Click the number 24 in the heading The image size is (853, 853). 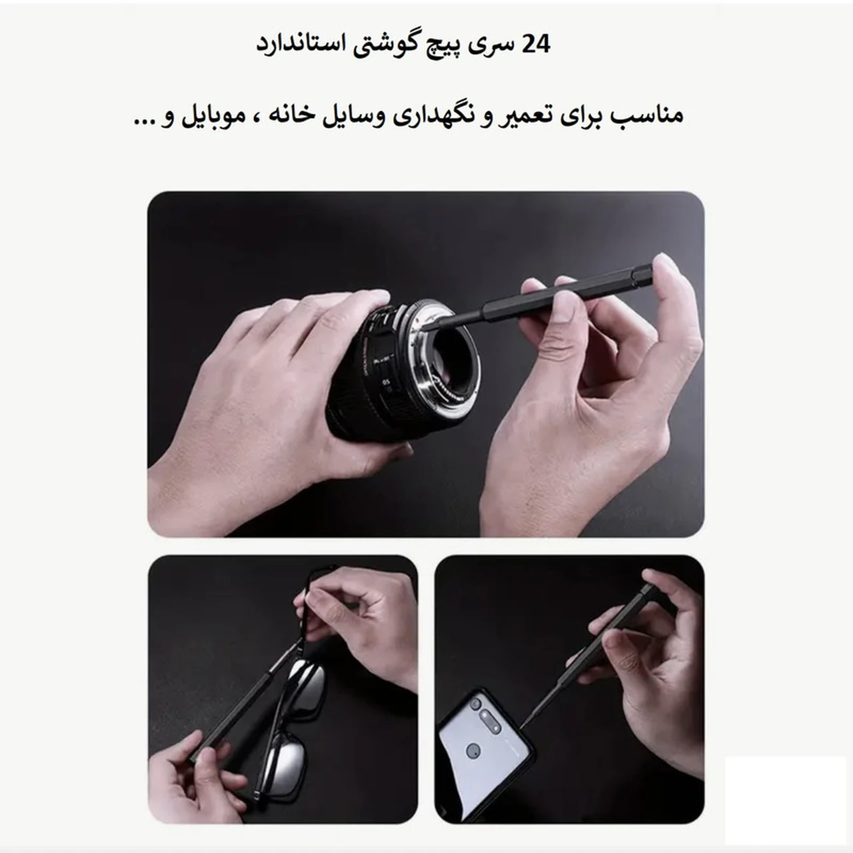(x=536, y=45)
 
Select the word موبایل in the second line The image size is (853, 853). (x=207, y=116)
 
